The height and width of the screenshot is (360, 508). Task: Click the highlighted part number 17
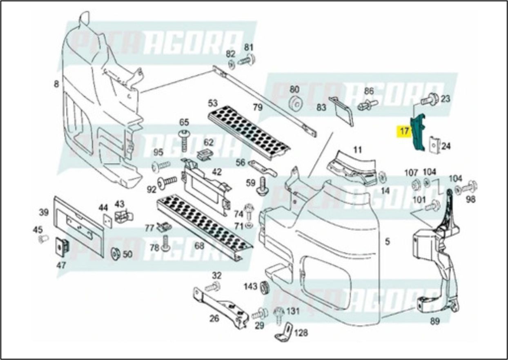404,132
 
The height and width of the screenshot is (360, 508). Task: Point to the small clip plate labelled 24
434,145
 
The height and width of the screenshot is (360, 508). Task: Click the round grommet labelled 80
294,104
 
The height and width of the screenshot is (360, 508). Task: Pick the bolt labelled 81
247,61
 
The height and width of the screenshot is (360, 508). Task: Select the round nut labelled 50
116,254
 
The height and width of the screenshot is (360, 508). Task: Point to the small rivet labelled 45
43,239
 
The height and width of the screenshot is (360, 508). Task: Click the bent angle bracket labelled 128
286,331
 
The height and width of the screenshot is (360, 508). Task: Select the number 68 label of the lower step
199,246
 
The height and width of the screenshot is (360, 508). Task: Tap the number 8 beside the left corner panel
56,85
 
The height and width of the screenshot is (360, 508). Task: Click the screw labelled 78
166,243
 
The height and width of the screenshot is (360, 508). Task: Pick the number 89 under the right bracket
434,322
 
